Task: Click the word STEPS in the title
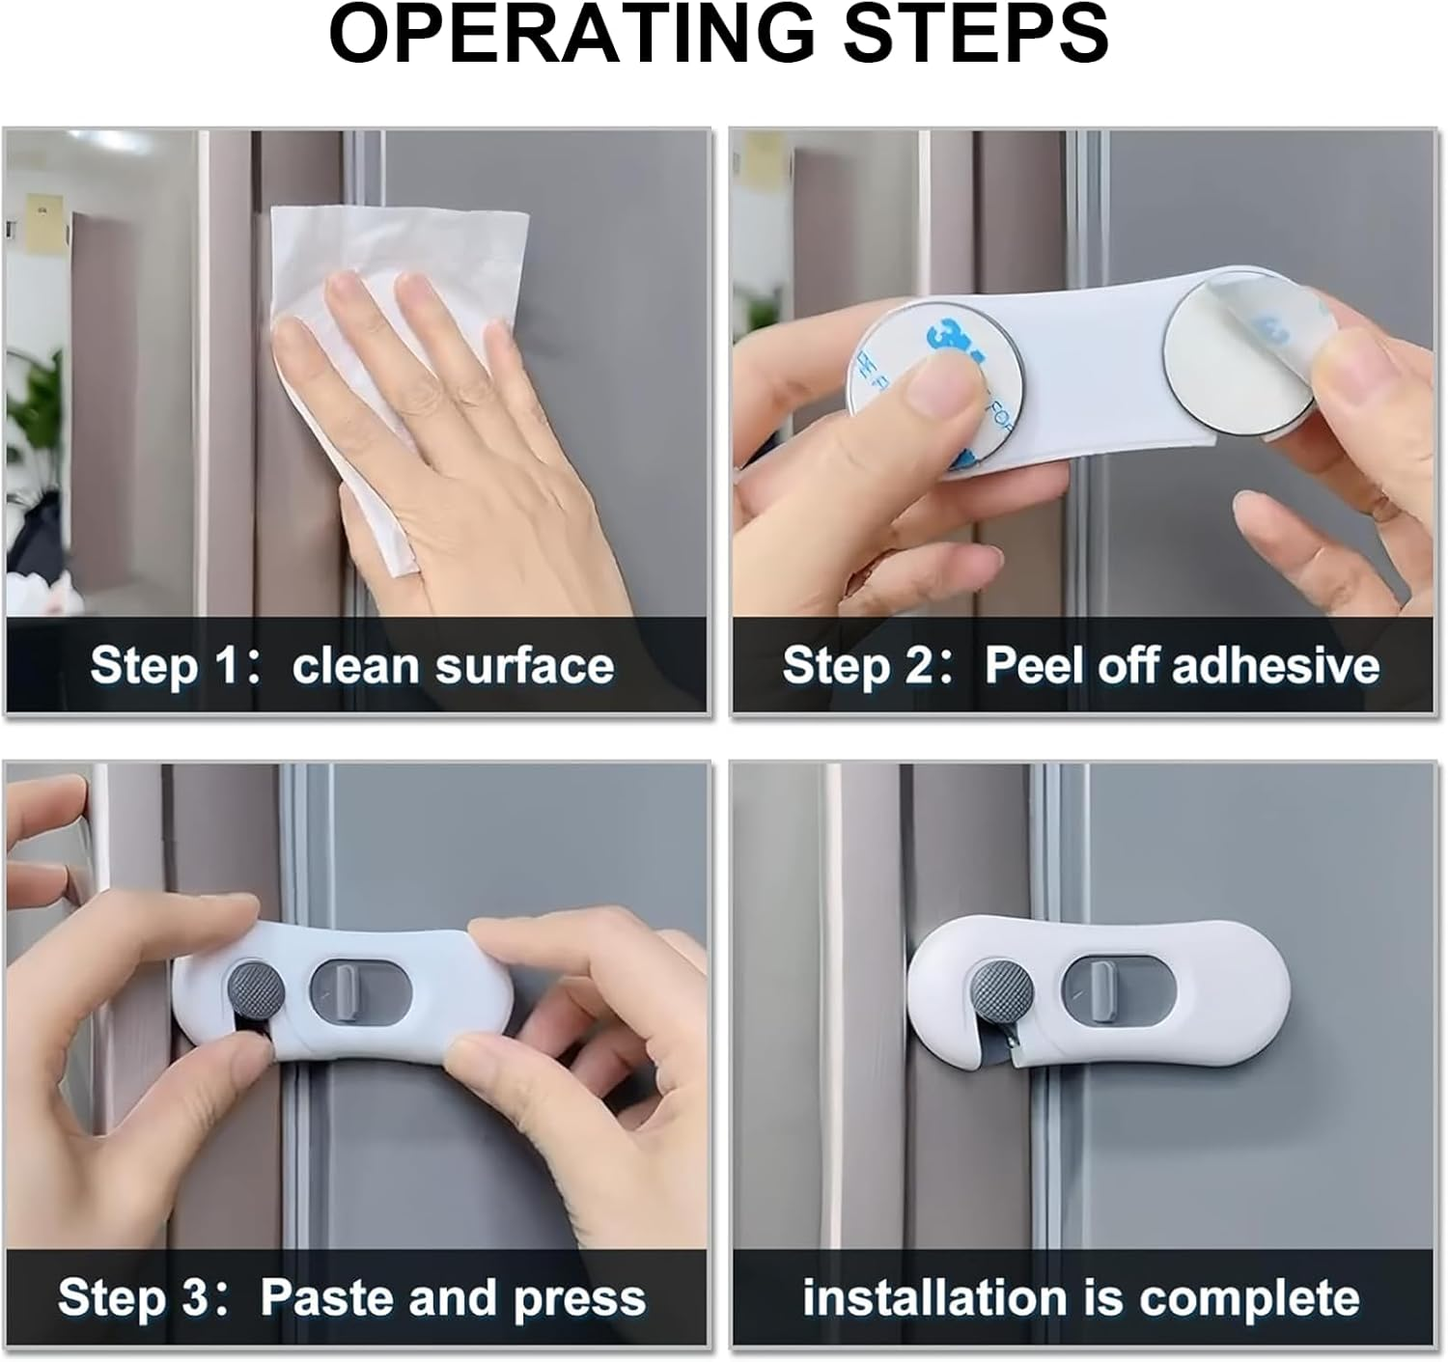click(x=976, y=36)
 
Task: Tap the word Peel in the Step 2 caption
click(x=1033, y=666)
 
